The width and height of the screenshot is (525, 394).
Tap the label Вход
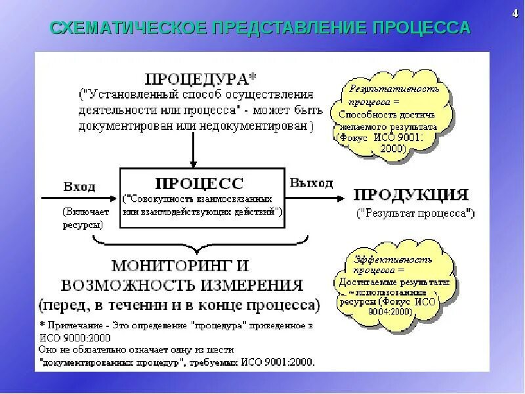point(79,186)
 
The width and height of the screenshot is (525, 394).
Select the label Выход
point(311,183)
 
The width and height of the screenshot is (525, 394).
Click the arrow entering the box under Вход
point(79,197)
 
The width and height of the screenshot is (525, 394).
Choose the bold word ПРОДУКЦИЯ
point(411,195)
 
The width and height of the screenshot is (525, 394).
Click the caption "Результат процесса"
point(415,213)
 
